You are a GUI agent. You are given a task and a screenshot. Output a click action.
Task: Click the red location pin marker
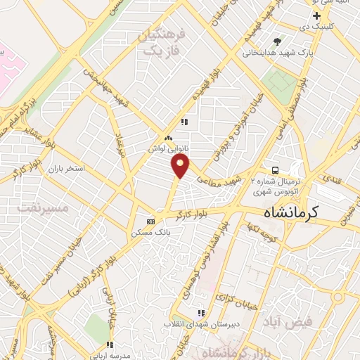[x=181, y=166]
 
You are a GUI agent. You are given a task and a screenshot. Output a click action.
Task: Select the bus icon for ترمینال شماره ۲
[x=276, y=170]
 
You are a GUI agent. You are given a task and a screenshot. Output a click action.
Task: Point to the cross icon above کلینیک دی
[x=317, y=15]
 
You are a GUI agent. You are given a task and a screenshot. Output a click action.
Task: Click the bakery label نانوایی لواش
[x=166, y=149]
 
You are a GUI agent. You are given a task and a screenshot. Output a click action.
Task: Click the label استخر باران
[x=66, y=169]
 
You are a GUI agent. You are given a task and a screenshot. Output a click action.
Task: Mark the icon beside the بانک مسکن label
[x=150, y=219]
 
